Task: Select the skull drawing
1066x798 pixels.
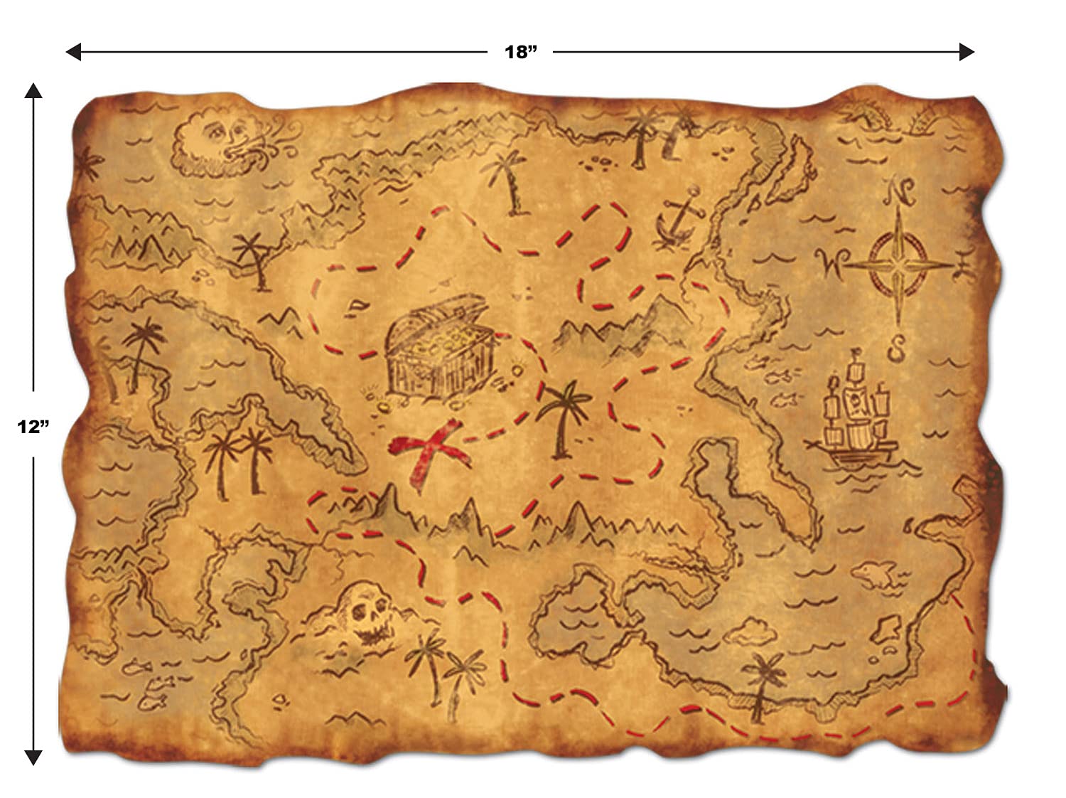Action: (366, 611)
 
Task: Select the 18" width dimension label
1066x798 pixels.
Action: (519, 52)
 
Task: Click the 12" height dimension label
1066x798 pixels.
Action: (33, 426)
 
